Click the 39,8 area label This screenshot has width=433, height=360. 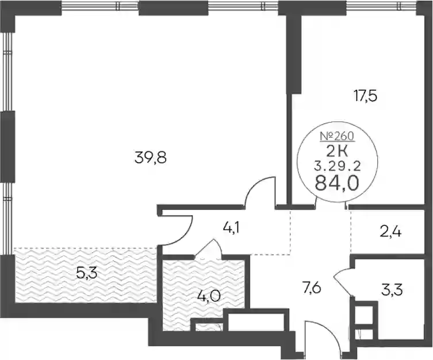click(151, 158)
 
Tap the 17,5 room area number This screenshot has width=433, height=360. click(365, 97)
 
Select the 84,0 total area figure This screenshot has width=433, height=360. click(336, 183)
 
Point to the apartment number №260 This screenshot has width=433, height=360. click(337, 136)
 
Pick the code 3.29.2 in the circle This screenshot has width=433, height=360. click(337, 166)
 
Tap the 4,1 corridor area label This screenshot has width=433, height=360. click(231, 229)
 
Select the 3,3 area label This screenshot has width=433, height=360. click(392, 290)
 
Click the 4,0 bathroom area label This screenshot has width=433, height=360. click(209, 297)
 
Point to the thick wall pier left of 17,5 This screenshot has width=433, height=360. click(294, 55)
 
